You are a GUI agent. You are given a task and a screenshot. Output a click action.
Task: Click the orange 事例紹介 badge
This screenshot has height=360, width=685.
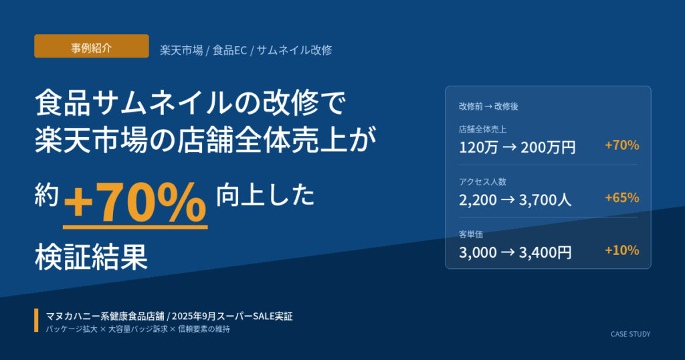(91, 46)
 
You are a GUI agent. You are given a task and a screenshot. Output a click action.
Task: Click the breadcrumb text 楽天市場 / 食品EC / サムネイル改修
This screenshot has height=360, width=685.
(246, 50)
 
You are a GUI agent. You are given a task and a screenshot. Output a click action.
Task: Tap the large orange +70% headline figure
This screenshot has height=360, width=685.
(135, 203)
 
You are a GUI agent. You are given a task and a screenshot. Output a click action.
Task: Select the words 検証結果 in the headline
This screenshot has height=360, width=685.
(91, 256)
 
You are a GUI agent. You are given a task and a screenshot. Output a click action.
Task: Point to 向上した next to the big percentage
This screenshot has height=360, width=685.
(265, 195)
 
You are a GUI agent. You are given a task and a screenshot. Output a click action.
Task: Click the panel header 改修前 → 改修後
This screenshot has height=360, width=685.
(488, 106)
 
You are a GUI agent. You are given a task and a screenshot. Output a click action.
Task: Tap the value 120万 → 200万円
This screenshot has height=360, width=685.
(517, 147)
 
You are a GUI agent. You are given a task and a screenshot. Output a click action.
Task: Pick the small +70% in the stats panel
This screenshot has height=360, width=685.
(621, 145)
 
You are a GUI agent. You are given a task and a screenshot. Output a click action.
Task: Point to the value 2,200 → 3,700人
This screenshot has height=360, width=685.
(515, 199)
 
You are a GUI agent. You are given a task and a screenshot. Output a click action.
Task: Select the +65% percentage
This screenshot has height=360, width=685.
(621, 197)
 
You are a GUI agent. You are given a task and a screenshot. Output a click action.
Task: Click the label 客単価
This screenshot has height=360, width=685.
(471, 234)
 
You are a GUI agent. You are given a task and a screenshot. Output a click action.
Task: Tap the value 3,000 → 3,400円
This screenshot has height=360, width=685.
(515, 252)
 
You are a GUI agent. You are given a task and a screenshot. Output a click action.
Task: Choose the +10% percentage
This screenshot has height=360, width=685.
(621, 250)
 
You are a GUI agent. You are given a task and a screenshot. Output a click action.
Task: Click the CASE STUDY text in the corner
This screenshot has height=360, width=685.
(630, 334)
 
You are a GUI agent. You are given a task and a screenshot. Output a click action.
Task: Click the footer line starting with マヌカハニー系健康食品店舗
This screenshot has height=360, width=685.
(169, 315)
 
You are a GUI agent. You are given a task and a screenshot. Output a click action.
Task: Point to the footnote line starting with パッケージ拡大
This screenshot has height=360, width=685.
(138, 329)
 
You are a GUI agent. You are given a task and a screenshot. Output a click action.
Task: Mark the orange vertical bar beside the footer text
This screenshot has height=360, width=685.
(36, 321)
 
